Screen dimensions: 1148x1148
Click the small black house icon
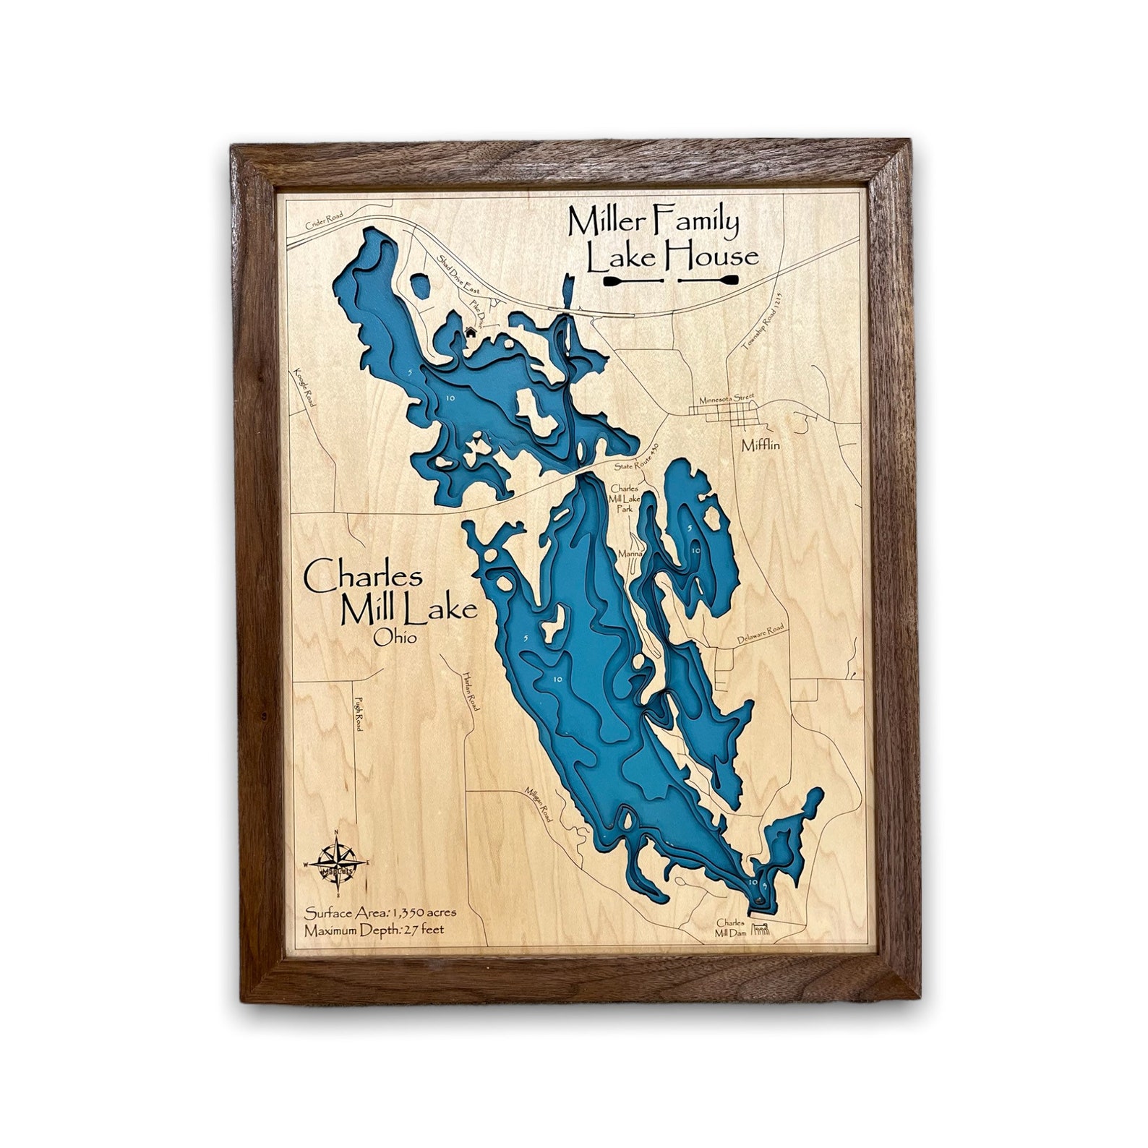point(471,332)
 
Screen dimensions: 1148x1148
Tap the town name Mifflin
point(761,445)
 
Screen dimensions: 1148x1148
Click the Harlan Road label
point(471,690)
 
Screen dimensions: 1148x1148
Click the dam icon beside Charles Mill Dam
point(761,930)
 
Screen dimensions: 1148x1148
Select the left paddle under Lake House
point(635,279)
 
